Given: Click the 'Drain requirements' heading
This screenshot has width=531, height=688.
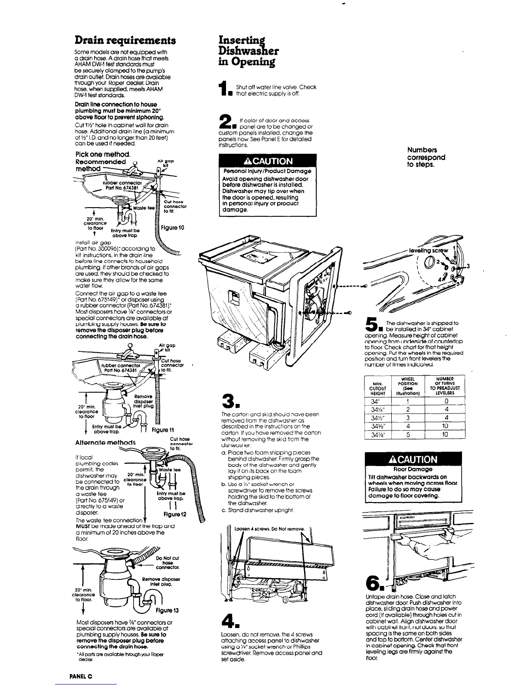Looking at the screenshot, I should pyautogui.click(x=125, y=41).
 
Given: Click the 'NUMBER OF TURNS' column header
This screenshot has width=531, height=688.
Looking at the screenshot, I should pyautogui.click(x=445, y=386).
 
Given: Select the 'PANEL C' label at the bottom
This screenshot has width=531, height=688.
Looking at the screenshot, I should pyautogui.click(x=81, y=677).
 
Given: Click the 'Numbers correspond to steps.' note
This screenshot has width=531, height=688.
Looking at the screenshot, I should pyautogui.click(x=426, y=157).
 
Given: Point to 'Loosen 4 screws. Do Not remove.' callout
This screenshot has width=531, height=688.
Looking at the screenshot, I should pyautogui.click(x=270, y=529).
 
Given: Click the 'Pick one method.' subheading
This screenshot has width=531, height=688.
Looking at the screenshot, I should pyautogui.click(x=103, y=154).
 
